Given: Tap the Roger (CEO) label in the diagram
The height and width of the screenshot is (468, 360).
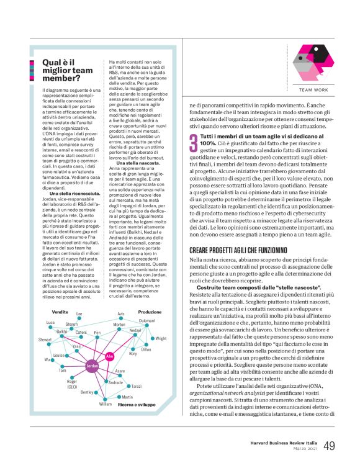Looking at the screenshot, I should (x=72, y=384).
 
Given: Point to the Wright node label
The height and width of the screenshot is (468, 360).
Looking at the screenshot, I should (x=161, y=338).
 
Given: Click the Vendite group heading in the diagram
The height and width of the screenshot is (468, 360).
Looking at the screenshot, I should (x=60, y=311).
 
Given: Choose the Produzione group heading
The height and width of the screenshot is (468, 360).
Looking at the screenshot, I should (x=150, y=312).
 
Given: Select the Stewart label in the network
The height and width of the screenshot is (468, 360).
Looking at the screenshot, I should (x=45, y=340).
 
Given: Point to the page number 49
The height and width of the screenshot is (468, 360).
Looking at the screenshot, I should (x=330, y=446).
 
